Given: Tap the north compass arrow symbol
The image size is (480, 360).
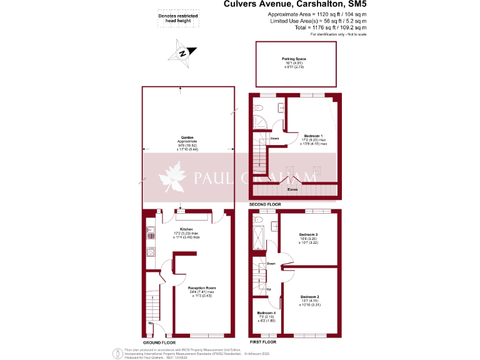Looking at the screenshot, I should (x=182, y=52).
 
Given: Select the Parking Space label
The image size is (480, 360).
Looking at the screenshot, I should (x=294, y=59).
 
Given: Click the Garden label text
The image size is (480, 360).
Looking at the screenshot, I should (x=187, y=137).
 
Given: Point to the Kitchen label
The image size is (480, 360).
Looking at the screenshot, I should (x=186, y=229).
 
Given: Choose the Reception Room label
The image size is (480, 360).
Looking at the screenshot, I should (x=201, y=288).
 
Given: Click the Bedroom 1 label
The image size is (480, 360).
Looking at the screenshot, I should (x=313, y=136).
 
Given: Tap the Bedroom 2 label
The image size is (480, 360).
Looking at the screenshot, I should (x=309, y=296).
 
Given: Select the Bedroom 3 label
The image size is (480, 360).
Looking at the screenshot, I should (x=309, y=234).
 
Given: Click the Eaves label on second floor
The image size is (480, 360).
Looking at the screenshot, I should (x=292, y=189).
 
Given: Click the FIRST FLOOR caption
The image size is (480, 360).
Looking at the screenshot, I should (x=264, y=343).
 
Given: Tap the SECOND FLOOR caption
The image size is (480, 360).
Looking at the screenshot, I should (x=265, y=204).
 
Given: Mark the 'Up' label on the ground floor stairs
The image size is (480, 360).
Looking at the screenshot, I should (x=151, y=322).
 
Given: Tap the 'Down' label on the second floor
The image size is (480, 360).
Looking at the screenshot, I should (x=274, y=138).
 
